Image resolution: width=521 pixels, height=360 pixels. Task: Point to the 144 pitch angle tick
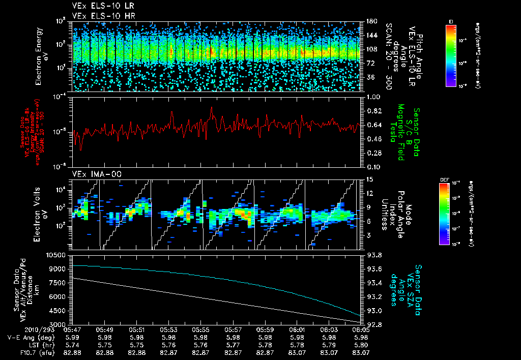point(370,35)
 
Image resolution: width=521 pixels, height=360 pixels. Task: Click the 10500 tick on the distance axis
point(57,254)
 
